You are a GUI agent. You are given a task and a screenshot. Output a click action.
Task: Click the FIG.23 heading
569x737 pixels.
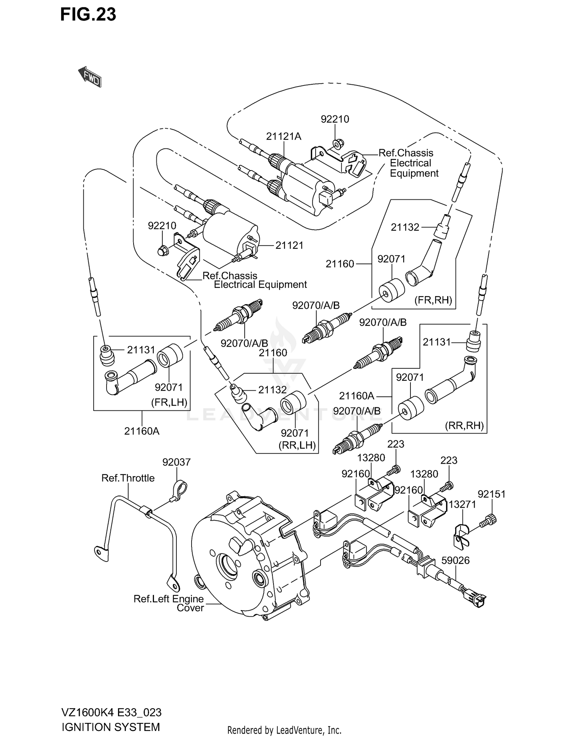pyautogui.click(x=88, y=15)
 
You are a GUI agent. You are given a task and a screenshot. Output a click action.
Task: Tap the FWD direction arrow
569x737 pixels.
pyautogui.click(x=90, y=77)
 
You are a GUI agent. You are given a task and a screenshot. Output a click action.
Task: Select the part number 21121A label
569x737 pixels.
pyautogui.click(x=283, y=136)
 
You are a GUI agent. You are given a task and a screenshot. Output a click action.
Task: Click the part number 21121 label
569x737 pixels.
pyautogui.click(x=289, y=245)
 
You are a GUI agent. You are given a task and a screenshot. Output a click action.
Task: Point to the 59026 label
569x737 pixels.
pyautogui.click(x=455, y=560)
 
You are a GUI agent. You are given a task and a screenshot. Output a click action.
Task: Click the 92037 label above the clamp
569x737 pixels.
pyautogui.click(x=176, y=462)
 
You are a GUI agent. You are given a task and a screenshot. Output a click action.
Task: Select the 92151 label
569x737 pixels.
pyautogui.click(x=492, y=494)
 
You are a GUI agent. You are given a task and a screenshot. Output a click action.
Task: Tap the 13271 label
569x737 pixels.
pyautogui.click(x=462, y=504)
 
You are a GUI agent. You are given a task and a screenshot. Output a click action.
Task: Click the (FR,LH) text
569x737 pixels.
pyautogui.click(x=169, y=402)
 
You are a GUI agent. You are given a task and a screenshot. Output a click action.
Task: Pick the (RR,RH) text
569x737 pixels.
pyautogui.click(x=464, y=426)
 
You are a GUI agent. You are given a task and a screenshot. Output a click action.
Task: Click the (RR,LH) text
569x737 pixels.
pyautogui.click(x=297, y=445)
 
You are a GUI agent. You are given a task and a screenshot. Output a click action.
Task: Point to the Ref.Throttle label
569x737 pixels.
pyautogui.click(x=128, y=478)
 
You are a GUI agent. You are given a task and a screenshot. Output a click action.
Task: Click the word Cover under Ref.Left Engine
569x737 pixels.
pyautogui.click(x=190, y=608)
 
